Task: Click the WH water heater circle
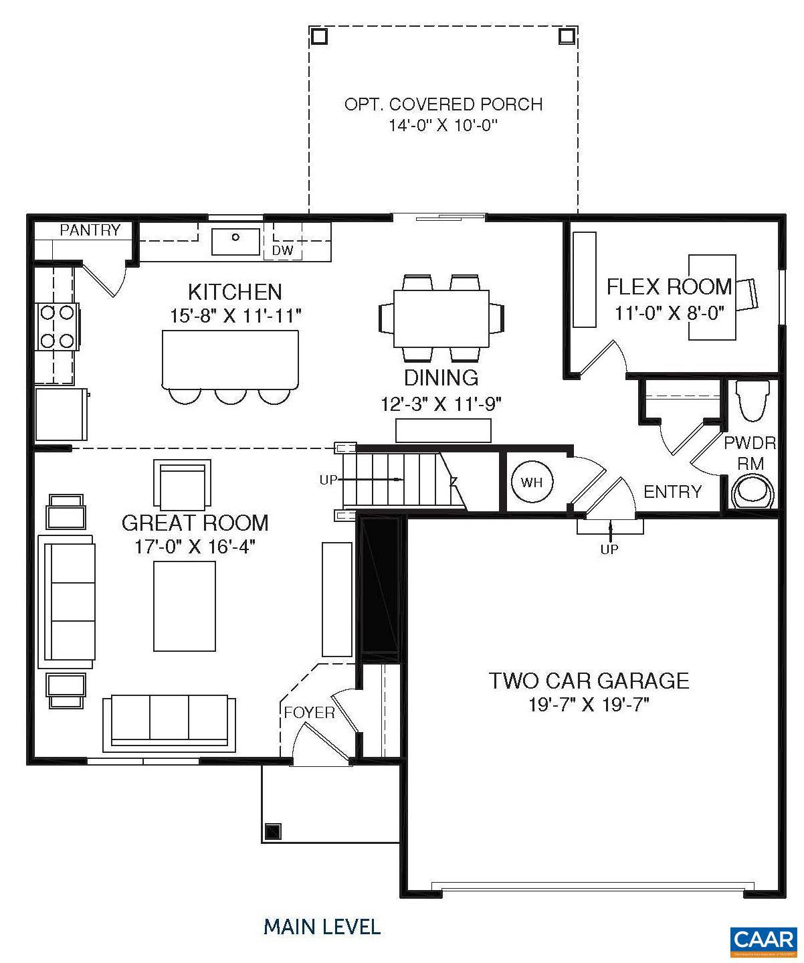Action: point(531,482)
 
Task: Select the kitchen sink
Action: point(235,242)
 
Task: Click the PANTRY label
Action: point(90,230)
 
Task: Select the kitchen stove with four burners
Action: point(58,327)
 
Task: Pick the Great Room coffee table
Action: point(185,606)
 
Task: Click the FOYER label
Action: point(309,713)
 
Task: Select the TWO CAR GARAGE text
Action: point(589,681)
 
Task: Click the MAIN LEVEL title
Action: point(322,927)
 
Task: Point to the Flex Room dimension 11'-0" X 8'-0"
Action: point(670,313)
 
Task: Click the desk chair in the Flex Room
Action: point(748,294)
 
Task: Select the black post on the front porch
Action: point(273,832)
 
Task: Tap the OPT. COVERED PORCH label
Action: point(443,104)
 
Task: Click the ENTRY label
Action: point(672,492)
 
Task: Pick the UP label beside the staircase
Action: point(328,480)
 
